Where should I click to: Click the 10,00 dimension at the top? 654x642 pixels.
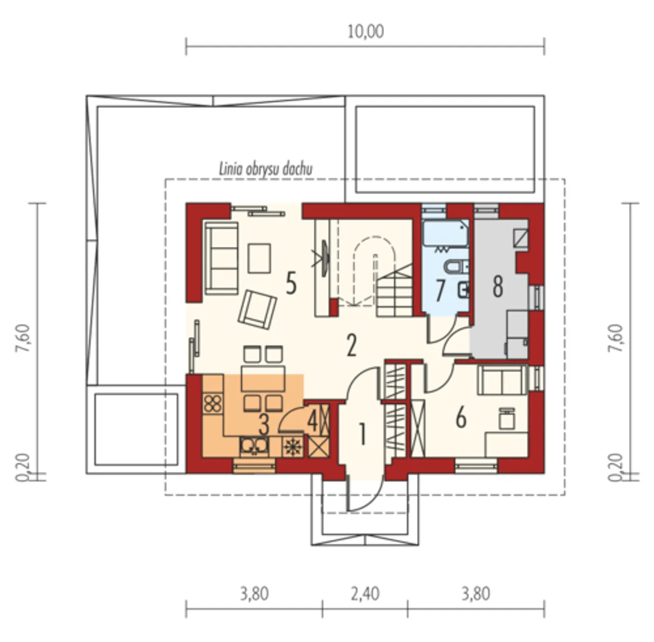365,32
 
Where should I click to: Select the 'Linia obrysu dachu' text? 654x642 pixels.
266,170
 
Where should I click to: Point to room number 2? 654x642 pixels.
351,345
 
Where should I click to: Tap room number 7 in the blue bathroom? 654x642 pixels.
440,291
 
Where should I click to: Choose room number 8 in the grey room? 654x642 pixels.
498,287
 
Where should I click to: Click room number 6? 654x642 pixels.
460,419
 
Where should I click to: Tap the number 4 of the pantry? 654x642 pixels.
312,422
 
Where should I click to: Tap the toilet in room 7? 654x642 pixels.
457,267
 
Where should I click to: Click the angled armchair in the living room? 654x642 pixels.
257,309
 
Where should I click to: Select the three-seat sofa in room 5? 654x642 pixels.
221,258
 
